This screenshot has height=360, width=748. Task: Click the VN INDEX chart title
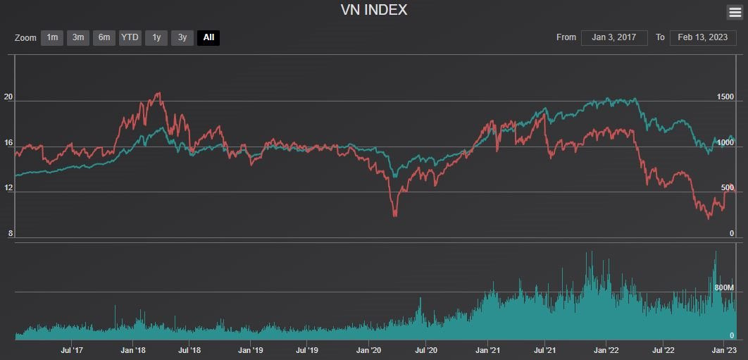pos(373,10)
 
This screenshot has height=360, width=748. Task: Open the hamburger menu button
pos(734,12)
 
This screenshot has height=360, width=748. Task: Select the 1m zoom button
pos(52,37)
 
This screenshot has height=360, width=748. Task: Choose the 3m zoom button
pos(78,37)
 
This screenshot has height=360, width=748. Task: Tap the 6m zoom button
pos(104,37)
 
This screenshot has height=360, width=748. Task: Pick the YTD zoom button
pos(130,37)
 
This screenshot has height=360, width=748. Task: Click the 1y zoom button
pos(156,37)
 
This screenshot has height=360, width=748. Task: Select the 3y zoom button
pos(182,37)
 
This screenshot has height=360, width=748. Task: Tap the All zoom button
pos(208,37)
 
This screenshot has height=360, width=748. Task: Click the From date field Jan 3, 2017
pos(614,37)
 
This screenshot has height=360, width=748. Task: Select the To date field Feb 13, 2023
pos(702,37)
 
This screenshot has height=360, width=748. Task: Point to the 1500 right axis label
pos(725,97)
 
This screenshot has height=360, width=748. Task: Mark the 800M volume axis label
pos(724,288)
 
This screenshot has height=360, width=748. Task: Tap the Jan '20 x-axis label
pos(369,349)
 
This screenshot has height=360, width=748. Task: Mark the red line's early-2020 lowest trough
pos(394,215)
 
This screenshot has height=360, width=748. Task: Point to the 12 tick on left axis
pos(8,188)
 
